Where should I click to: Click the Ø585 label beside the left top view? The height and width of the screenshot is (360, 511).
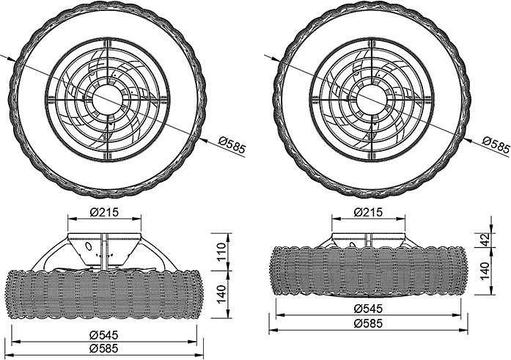pyautogui.click(x=232, y=144)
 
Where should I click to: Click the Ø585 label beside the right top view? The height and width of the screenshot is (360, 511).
pyautogui.click(x=496, y=144)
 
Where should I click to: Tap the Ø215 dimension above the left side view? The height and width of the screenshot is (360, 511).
pyautogui.click(x=104, y=213)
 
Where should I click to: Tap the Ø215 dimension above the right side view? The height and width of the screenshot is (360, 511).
pyautogui.click(x=368, y=213)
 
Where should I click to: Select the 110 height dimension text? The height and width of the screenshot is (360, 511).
pyautogui.click(x=221, y=251)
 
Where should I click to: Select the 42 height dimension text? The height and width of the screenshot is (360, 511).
pyautogui.click(x=485, y=240)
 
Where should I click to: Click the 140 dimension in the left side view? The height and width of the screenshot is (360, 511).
pyautogui.click(x=221, y=294)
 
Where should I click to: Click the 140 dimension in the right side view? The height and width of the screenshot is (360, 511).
pyautogui.click(x=485, y=271)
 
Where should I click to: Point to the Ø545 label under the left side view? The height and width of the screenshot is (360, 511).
pyautogui.click(x=104, y=334)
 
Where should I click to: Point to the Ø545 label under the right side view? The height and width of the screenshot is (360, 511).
pyautogui.click(x=368, y=308)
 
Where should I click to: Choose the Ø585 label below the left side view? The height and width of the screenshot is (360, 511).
pyautogui.click(x=104, y=348)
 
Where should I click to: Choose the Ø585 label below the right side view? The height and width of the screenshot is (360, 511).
pyautogui.click(x=368, y=323)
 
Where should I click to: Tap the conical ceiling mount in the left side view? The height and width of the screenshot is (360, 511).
pyautogui.click(x=104, y=249)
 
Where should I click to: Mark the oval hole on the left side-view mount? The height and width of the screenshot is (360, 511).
pyautogui.click(x=88, y=246)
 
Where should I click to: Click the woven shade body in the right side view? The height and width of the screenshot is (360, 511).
pyautogui.click(x=368, y=271)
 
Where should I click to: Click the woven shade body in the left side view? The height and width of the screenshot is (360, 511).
pyautogui.click(x=104, y=294)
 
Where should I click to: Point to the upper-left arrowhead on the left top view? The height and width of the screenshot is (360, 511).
pyautogui.click(x=12, y=59)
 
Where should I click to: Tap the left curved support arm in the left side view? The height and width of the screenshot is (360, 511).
pyautogui.click(x=50, y=254)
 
